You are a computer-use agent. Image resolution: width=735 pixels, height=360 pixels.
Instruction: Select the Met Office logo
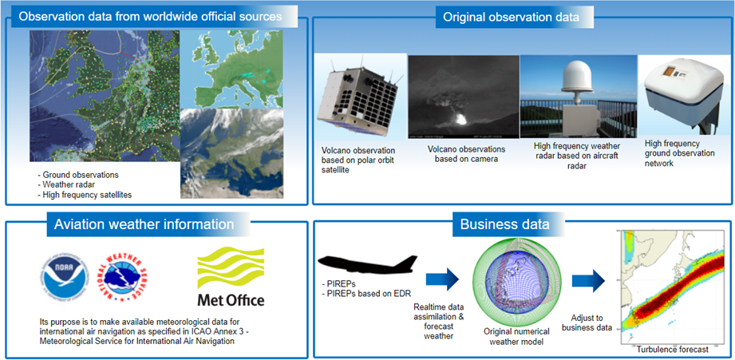point(230,278)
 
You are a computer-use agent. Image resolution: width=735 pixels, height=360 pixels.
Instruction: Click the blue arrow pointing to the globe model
point(444,279)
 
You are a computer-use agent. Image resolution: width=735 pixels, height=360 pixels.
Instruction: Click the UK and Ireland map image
point(102,96)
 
